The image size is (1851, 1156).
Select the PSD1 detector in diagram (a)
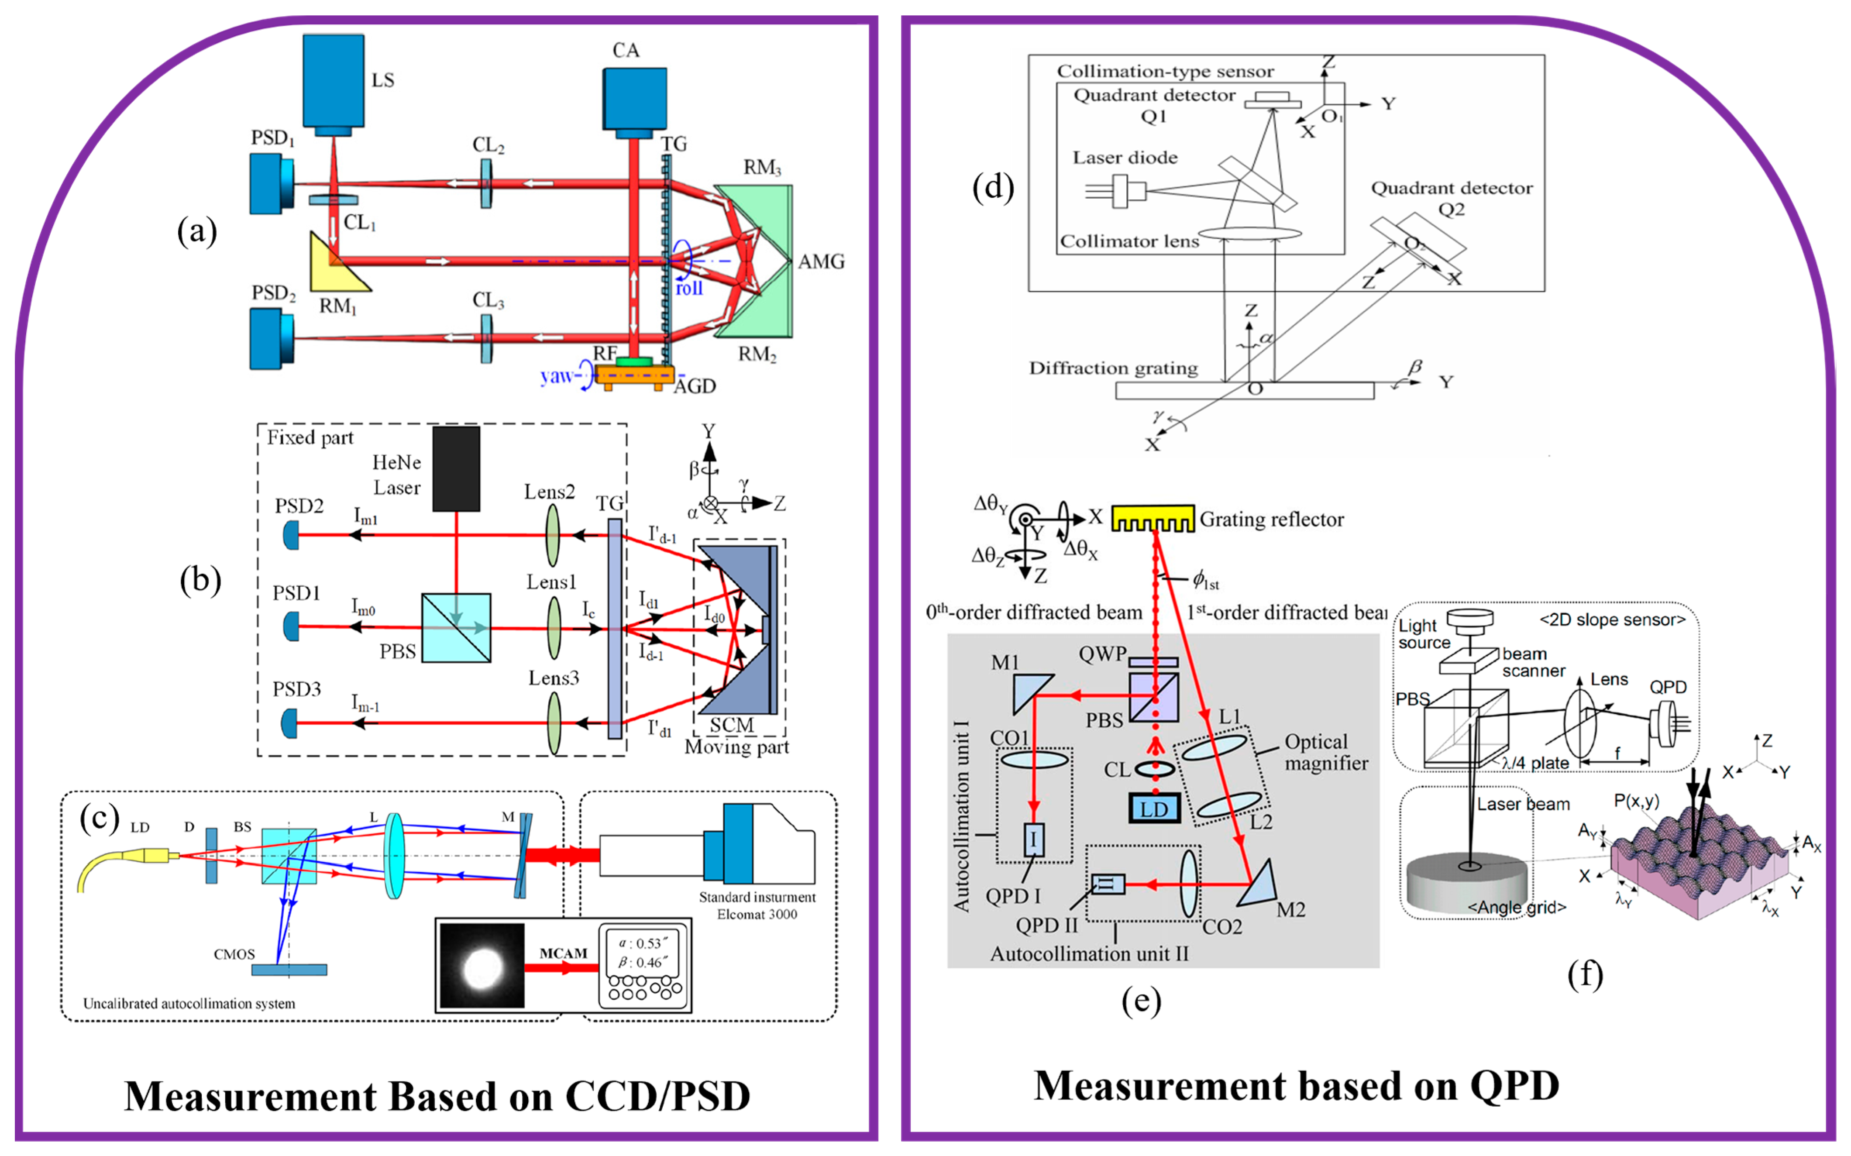pos(272,183)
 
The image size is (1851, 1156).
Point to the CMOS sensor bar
pos(289,970)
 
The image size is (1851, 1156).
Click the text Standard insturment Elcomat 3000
pos(757,905)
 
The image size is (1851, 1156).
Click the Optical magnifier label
pos(1326,752)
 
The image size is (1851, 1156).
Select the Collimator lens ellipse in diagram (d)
pos(1249,233)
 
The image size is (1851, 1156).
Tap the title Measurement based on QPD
pos(1296,1087)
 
